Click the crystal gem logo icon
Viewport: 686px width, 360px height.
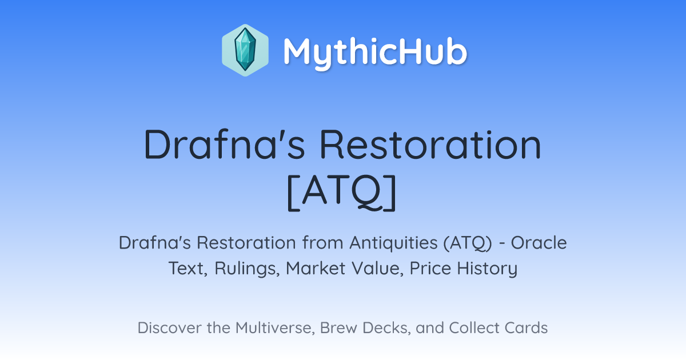(x=245, y=50)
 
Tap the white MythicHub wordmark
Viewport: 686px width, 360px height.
(x=375, y=53)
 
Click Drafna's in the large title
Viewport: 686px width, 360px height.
(x=225, y=144)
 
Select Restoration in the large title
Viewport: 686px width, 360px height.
(x=430, y=144)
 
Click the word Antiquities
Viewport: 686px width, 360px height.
(x=393, y=243)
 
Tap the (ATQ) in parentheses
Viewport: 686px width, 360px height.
(x=468, y=243)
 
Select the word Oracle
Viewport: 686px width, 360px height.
(x=539, y=243)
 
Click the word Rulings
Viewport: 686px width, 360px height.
(x=247, y=269)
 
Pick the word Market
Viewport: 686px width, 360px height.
(x=316, y=268)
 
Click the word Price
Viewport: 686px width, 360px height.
(x=430, y=268)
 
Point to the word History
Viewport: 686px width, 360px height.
(x=487, y=269)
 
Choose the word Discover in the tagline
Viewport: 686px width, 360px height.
(x=169, y=328)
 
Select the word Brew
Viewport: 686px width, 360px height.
(x=338, y=328)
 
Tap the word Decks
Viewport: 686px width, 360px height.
(x=386, y=328)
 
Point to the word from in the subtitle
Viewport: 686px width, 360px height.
(x=323, y=243)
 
